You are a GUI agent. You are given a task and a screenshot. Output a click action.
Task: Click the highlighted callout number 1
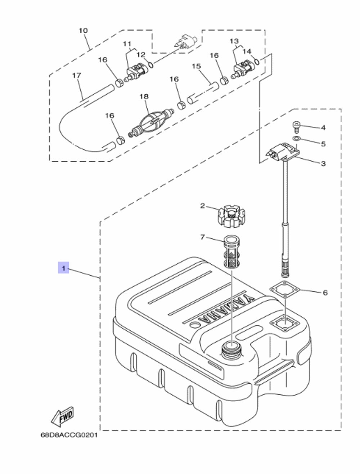click(63, 268)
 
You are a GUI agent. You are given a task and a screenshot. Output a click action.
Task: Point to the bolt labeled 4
click(295, 126)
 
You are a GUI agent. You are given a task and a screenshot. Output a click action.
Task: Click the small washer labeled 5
click(296, 139)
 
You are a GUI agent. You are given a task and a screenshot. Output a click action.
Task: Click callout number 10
click(83, 31)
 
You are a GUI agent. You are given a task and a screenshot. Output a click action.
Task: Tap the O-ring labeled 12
click(151, 65)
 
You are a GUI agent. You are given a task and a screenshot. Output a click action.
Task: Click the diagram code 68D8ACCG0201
click(69, 435)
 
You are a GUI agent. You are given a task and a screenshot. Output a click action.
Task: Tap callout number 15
click(196, 66)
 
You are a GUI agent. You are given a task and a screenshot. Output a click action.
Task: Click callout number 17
click(76, 75)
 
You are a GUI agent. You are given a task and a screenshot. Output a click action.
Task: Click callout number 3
click(323, 163)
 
